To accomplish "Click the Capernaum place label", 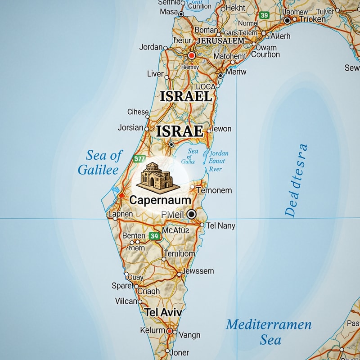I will point(160,200).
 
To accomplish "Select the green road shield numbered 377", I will point(139,158).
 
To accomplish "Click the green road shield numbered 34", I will point(155,236).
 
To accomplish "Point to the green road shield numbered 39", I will point(264,16).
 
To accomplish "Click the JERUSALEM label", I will point(220,40).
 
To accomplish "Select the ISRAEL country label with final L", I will point(186,96).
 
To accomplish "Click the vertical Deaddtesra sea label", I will point(297,180).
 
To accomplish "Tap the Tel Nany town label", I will point(220,226).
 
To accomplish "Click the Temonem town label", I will point(214,190).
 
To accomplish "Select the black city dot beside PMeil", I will point(191,214).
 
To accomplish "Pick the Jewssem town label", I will point(198,271).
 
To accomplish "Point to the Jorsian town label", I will point(130,128).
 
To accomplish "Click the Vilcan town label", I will point(126,301).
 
